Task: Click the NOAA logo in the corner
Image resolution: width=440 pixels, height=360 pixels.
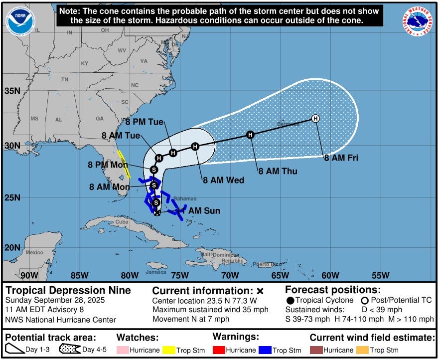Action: (x=21, y=21)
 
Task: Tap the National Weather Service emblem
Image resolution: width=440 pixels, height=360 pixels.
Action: (x=418, y=22)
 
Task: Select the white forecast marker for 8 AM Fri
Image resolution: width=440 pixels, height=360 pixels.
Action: (x=315, y=118)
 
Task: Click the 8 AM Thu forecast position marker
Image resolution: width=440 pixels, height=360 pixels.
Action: (x=251, y=135)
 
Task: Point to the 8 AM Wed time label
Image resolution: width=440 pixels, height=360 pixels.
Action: (x=223, y=180)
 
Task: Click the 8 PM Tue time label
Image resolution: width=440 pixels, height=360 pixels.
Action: (x=144, y=122)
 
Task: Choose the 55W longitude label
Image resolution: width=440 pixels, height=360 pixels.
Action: (x=380, y=275)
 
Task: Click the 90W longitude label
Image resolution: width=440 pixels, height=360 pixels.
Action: (x=29, y=275)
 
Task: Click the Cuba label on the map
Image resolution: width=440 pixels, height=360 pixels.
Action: (x=122, y=221)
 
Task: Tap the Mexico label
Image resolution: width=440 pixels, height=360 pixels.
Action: (x=34, y=252)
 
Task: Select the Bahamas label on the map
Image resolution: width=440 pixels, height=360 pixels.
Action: (x=185, y=198)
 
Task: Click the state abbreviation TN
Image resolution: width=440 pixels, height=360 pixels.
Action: (x=65, y=80)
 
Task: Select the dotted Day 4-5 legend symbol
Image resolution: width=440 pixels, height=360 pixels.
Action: (x=70, y=350)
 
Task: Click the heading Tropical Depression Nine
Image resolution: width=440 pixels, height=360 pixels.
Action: (x=68, y=290)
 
